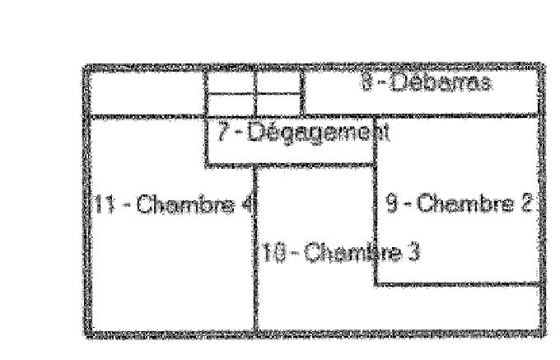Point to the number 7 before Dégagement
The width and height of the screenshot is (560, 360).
tap(224, 130)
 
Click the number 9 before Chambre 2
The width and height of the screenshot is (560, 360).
tap(392, 203)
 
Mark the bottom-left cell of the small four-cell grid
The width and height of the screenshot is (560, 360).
tap(230, 105)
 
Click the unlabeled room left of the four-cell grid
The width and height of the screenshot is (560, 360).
tap(145, 92)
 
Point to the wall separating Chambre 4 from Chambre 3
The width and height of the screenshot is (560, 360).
tap(255, 272)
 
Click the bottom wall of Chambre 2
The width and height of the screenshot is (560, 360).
tap(458, 285)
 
